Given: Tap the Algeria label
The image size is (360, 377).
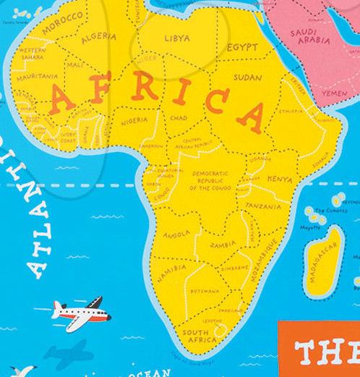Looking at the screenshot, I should (x=99, y=36).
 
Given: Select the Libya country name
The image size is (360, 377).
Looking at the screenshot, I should (x=177, y=38).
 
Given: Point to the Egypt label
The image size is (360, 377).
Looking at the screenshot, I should (x=242, y=47).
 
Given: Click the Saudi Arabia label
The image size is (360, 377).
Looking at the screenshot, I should (x=309, y=36).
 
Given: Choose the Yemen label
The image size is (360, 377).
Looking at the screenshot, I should (x=334, y=93).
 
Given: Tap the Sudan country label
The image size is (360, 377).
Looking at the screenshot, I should (x=248, y=76).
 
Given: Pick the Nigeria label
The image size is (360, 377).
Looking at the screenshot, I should (x=134, y=121).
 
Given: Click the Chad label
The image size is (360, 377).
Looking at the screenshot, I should (x=179, y=117).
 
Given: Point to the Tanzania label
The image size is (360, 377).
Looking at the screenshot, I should (x=262, y=206).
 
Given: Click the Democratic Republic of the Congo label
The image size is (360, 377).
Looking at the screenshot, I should (x=211, y=180).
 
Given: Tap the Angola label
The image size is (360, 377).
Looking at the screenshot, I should (x=176, y=234).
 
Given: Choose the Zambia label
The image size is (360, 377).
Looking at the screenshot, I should (x=223, y=245).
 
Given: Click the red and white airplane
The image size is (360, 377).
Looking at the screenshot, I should (x=80, y=314).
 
